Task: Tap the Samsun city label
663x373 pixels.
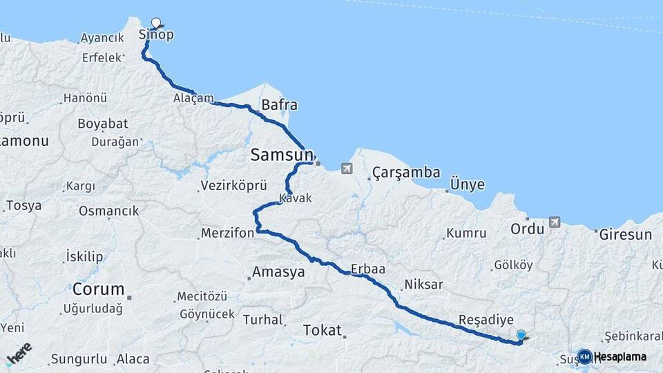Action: (282, 156)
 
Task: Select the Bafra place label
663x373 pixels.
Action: (280, 106)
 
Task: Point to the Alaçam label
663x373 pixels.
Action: (194, 98)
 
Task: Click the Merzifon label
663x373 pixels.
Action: (228, 233)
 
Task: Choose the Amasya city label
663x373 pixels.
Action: (278, 272)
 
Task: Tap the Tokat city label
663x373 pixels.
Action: (323, 331)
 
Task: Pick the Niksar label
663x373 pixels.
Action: (423, 285)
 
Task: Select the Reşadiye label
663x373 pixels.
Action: (486, 321)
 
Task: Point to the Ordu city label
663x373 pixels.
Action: (528, 229)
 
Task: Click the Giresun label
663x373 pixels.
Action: (625, 235)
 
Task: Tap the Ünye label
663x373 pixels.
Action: (467, 185)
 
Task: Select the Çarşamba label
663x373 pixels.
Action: (406, 173)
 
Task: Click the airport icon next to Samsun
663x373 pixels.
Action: (346, 168)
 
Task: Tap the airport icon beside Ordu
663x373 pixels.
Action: (554, 222)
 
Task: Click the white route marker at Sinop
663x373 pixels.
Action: (156, 23)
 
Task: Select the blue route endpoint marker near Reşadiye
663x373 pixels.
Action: (521, 335)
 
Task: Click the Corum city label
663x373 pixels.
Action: (99, 289)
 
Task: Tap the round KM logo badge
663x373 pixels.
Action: (584, 356)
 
